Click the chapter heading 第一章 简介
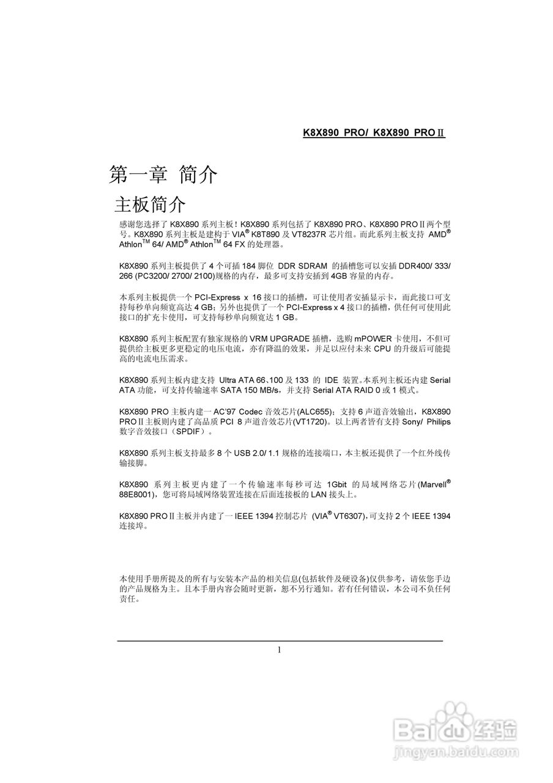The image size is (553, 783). pos(163,175)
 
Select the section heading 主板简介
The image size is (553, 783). pos(150,204)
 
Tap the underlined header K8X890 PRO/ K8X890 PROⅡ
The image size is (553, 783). pos(374,133)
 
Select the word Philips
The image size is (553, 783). pos(437,421)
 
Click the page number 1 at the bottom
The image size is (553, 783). pos(280,650)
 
